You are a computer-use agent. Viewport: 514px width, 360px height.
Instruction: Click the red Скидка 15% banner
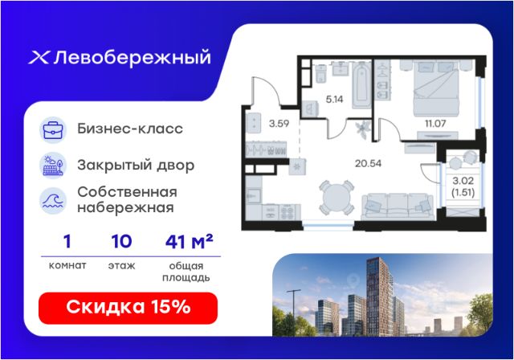pyautogui.click(x=128, y=308)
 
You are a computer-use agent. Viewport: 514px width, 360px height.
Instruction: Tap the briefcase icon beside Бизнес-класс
pyautogui.click(x=53, y=130)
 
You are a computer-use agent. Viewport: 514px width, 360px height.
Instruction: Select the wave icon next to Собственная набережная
pyautogui.click(x=53, y=201)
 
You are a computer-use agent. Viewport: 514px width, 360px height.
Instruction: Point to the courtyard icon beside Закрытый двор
pyautogui.click(x=53, y=166)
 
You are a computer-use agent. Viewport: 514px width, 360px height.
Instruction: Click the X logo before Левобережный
pyautogui.click(x=39, y=58)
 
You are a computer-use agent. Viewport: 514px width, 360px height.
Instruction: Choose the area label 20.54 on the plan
pyautogui.click(x=368, y=163)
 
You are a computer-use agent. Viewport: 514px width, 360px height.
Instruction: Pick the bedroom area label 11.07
pyautogui.click(x=435, y=124)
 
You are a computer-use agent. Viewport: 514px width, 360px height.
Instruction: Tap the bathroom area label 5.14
pyautogui.click(x=334, y=99)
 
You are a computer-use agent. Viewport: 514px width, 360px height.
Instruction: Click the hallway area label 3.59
pyautogui.click(x=279, y=124)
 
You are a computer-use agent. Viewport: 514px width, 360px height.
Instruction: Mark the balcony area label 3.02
pyautogui.click(x=463, y=181)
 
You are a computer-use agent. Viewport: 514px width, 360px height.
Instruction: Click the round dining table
pyautogui.click(x=337, y=198)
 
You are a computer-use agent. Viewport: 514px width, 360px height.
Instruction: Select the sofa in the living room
pyautogui.click(x=398, y=206)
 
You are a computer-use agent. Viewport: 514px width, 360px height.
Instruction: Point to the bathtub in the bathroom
pyautogui.click(x=361, y=85)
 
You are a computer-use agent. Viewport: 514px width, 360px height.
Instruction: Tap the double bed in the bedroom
pyautogui.click(x=435, y=89)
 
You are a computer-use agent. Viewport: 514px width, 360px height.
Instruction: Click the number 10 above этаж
pyautogui.click(x=121, y=242)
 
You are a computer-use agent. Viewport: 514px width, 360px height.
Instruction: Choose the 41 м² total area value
pyautogui.click(x=190, y=242)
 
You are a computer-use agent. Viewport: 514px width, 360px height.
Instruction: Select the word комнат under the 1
pyautogui.click(x=67, y=265)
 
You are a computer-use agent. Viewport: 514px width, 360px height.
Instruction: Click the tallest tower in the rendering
pyautogui.click(x=379, y=297)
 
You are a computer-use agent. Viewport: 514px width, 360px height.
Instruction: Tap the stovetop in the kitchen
pyautogui.click(x=288, y=212)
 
